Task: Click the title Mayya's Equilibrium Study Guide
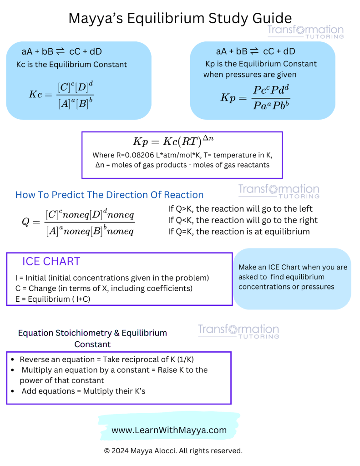[180, 18]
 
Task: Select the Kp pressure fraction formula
[255, 98]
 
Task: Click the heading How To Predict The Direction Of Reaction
[109, 195]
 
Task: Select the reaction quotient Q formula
[78, 222]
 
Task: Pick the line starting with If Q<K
[243, 220]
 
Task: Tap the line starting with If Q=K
[239, 232]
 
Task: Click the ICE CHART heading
[51, 261]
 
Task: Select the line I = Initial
[112, 278]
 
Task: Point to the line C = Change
[104, 289]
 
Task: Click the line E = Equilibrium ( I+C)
[63, 299]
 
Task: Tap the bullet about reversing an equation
[106, 360]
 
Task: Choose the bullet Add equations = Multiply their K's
[83, 391]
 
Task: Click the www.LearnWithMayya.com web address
[169, 430]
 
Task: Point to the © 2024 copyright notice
[173, 451]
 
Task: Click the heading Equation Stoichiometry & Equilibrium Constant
[92, 338]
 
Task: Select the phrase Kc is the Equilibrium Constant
[71, 65]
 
